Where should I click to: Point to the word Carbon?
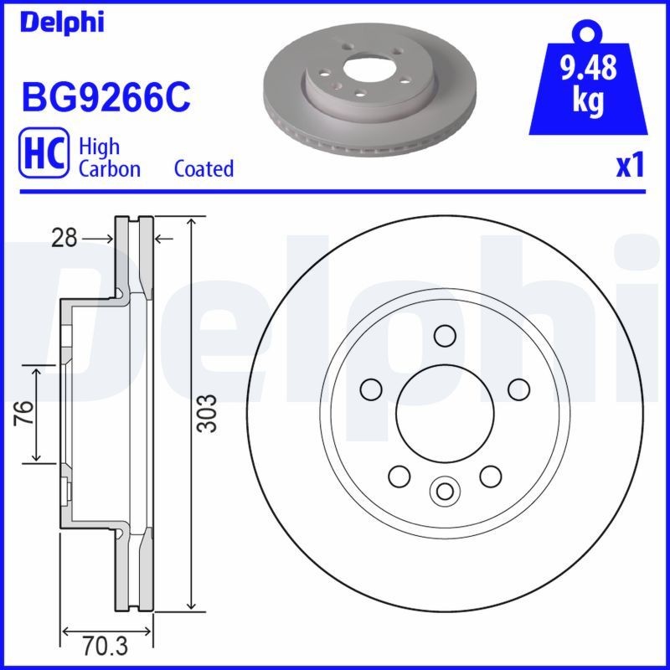109,168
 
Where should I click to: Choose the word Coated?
204,168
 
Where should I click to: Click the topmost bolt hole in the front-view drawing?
445,336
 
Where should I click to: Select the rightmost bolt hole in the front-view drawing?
519,389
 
